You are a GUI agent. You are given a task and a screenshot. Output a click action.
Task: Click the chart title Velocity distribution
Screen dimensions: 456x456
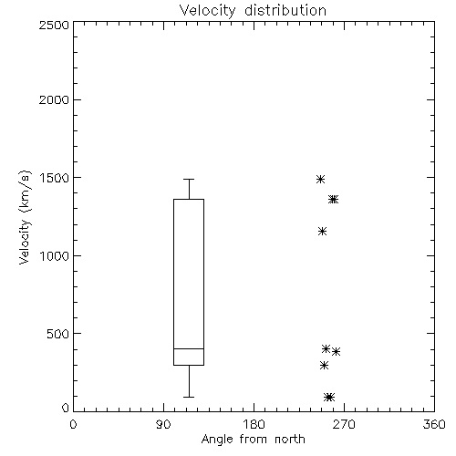point(253,10)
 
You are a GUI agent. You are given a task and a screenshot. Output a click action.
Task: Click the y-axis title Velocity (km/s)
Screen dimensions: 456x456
point(25,217)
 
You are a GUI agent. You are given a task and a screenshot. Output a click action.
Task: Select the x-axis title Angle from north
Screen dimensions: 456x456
point(253,439)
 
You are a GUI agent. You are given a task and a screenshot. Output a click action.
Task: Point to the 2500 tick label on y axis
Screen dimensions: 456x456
point(54,25)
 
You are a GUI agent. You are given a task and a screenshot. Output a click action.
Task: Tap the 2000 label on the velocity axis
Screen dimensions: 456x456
point(54,99)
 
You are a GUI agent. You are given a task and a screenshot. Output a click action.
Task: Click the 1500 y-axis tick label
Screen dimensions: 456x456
point(55,178)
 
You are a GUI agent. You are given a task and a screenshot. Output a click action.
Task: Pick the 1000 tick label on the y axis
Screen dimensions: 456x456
point(55,256)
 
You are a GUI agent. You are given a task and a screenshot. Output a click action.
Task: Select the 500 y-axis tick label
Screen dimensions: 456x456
point(58,334)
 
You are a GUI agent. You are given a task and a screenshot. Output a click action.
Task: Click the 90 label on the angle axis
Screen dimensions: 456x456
point(163,424)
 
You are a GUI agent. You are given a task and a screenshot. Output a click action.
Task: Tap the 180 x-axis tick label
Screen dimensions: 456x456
point(254,424)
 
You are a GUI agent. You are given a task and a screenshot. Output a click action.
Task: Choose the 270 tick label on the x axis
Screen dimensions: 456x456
point(344,424)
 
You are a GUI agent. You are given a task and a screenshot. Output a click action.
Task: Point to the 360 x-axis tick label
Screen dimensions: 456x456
point(434,424)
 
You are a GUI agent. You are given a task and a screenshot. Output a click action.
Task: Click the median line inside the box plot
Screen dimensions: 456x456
point(189,348)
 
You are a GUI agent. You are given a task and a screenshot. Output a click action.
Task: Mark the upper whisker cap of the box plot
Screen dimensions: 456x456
point(189,180)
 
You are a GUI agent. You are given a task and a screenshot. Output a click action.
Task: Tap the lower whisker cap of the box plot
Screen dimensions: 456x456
point(189,397)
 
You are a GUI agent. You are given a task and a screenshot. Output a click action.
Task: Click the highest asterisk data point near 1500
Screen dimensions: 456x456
point(320,179)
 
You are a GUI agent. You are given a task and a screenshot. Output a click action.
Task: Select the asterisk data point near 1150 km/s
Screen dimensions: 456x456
point(323,232)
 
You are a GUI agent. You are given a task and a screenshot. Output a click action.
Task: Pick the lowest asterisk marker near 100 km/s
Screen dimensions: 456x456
point(329,397)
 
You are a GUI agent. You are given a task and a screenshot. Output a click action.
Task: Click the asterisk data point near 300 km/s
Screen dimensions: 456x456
point(325,365)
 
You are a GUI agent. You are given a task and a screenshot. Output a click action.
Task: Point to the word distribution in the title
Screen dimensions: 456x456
point(285,10)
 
